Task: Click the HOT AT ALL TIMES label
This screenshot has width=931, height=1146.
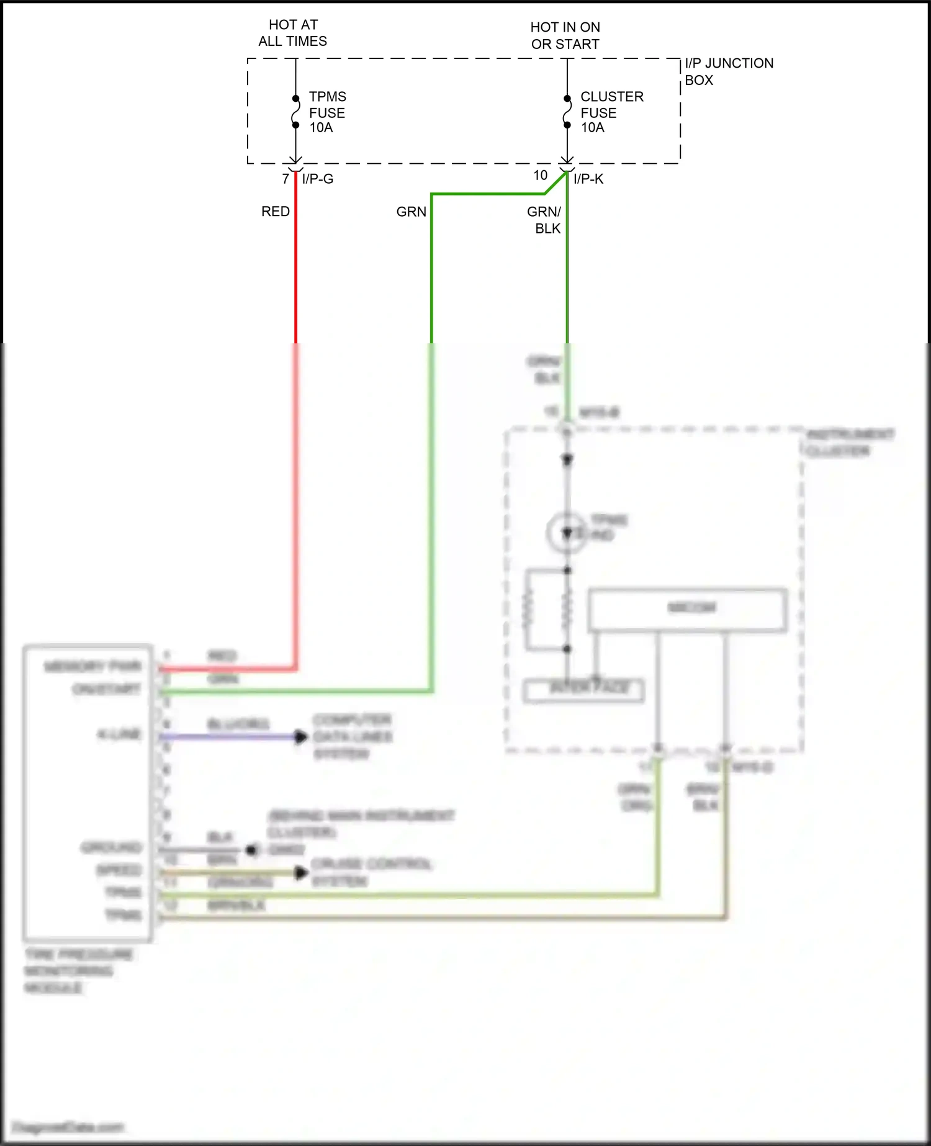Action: [x=293, y=33]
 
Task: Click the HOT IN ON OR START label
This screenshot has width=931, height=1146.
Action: [x=565, y=35]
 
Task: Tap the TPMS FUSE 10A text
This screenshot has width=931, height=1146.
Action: [x=327, y=112]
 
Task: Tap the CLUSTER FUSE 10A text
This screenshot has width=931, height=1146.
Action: [x=611, y=112]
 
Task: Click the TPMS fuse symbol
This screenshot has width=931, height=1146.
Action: [x=296, y=112]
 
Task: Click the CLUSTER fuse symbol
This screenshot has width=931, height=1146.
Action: [x=567, y=112]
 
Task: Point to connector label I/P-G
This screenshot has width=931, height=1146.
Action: [x=318, y=179]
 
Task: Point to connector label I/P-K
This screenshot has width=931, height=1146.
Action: [x=588, y=179]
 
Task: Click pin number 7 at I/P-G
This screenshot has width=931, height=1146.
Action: [x=286, y=179]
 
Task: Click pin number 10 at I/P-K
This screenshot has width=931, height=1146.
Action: [x=540, y=176]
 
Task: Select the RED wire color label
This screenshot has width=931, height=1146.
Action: [x=275, y=212]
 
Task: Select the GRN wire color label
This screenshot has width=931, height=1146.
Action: [x=411, y=212]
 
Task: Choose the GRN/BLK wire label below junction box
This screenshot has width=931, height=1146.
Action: [x=545, y=220]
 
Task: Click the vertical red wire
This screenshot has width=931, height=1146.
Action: [x=296, y=279]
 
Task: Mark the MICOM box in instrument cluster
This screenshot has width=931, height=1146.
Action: [x=687, y=609]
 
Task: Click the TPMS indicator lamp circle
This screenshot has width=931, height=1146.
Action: [x=566, y=533]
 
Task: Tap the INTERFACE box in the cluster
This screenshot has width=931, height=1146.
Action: [x=583, y=690]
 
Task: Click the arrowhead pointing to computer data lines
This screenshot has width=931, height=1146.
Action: [x=301, y=737]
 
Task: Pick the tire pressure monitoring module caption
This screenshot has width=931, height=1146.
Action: [x=78, y=970]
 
